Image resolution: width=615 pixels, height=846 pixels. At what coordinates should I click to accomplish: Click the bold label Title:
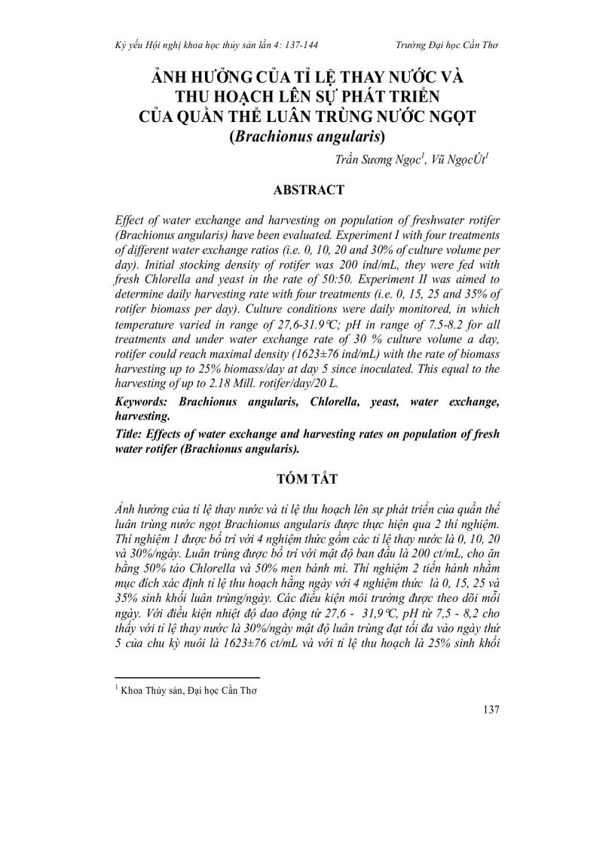pyautogui.click(x=130, y=434)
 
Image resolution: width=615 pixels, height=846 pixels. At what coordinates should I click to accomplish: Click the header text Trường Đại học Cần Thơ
pyautogui.click(x=446, y=45)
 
